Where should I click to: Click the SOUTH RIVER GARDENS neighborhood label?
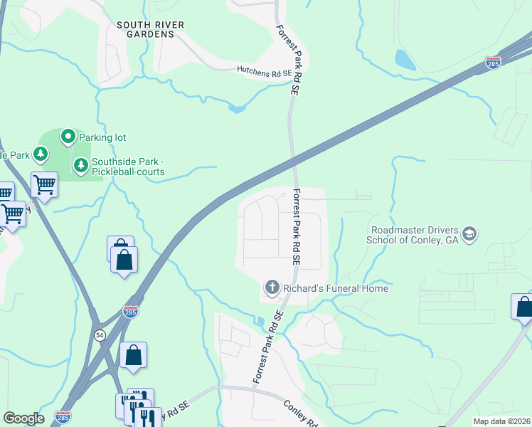click(151, 29)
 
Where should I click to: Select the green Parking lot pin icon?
click(68, 135)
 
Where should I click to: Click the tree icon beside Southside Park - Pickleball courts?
click(81, 165)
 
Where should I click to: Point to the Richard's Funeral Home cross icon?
click(271, 288)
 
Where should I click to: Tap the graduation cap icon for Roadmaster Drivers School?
click(469, 233)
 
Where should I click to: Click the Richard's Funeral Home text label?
click(336, 288)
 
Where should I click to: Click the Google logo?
click(23, 418)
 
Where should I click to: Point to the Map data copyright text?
click(501, 421)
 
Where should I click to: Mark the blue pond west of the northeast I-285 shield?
click(405, 60)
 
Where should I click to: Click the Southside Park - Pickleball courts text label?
click(128, 167)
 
